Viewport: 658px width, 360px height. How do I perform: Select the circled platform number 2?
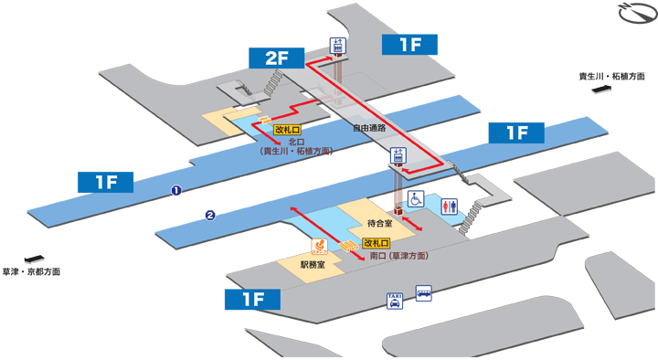[x=210, y=216]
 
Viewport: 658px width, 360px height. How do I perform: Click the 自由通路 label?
[x=369, y=128]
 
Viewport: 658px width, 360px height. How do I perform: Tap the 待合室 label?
[x=379, y=222]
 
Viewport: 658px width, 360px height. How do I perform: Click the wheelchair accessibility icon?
[x=415, y=198]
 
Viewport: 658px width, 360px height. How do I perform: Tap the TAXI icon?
[x=395, y=301]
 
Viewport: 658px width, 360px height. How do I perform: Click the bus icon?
[x=424, y=294]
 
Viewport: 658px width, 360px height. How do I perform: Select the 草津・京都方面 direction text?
[x=31, y=271]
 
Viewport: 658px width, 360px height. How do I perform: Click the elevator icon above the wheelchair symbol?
[x=399, y=156]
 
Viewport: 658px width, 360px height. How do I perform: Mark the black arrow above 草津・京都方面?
[x=35, y=259]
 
